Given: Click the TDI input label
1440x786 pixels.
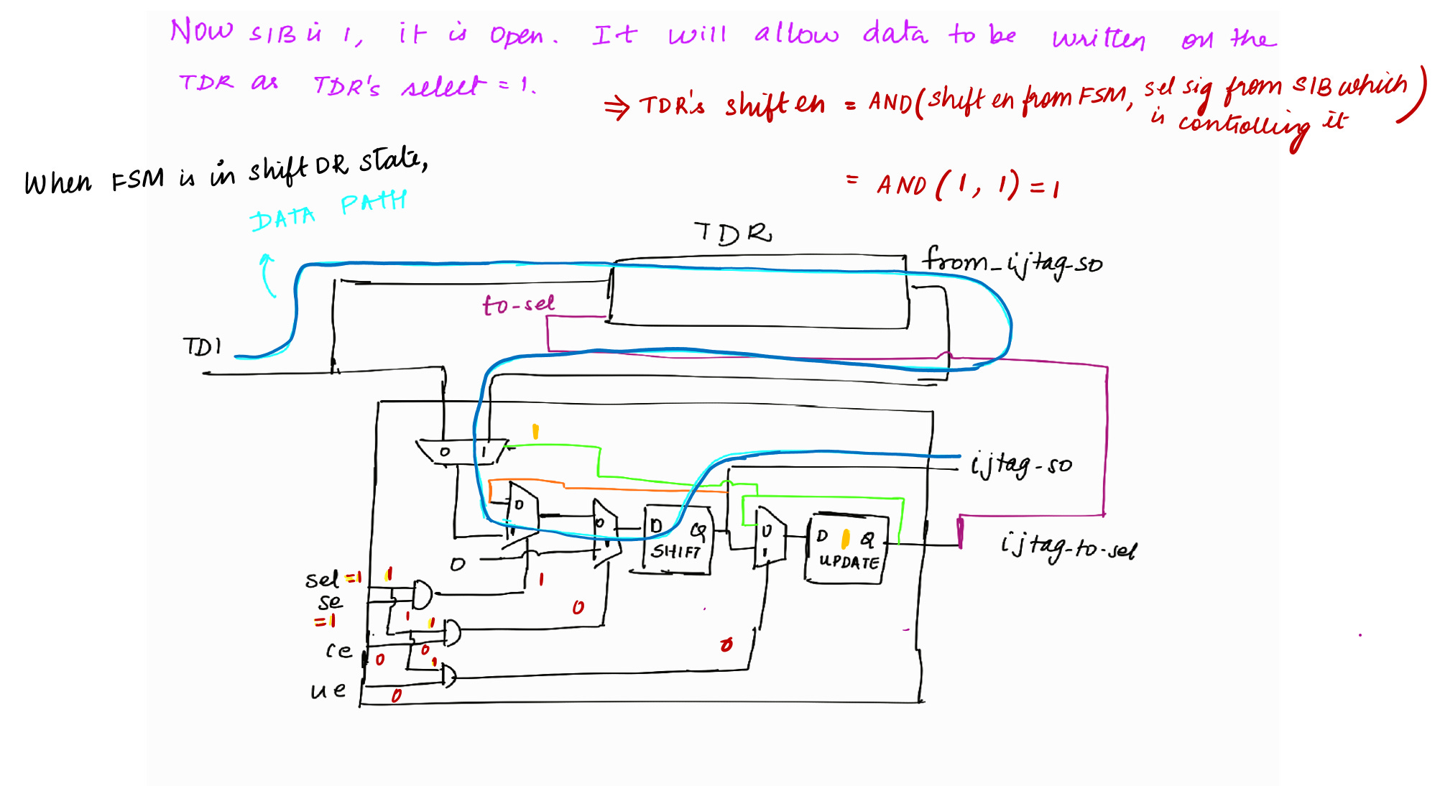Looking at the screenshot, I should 202,347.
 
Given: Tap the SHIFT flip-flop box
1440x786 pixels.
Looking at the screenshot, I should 677,541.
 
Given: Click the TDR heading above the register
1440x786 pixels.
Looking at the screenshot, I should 732,234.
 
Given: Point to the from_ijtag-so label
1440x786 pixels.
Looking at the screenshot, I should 1012,262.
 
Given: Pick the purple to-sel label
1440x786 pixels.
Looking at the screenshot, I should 518,305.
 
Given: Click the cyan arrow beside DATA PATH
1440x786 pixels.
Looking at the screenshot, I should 267,274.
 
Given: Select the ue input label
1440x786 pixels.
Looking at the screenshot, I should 328,690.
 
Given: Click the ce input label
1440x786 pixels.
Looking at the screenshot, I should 338,651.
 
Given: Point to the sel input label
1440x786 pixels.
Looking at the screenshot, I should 321,579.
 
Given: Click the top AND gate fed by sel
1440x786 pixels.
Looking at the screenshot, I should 423,594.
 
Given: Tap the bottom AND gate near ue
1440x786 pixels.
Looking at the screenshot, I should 448,676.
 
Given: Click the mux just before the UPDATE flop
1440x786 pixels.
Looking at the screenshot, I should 770,537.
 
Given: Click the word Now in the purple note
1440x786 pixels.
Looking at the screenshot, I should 201,32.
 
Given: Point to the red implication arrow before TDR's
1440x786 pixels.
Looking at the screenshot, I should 617,108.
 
